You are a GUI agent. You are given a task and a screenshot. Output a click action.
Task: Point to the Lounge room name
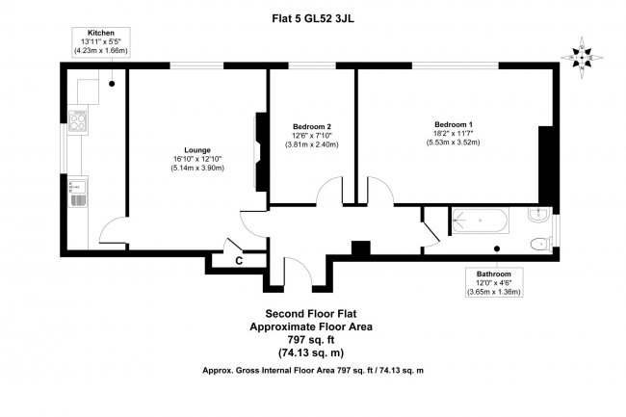pos(197,149)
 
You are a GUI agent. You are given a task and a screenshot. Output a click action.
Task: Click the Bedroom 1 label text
pos(453,125)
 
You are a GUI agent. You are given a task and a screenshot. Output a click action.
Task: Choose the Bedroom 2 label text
pos(312,126)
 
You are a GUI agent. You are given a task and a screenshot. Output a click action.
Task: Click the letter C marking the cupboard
pos(237,260)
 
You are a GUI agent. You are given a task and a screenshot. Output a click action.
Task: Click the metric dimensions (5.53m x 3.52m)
pos(453,143)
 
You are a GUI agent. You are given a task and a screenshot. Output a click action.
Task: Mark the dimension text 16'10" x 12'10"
pos(197,159)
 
